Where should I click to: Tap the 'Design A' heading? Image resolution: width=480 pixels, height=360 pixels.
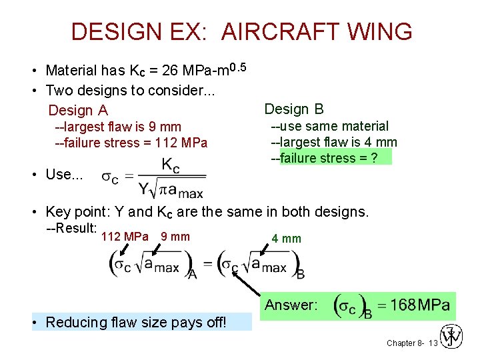click(x=78, y=110)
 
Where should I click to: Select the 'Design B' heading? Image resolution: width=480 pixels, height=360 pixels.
click(x=294, y=109)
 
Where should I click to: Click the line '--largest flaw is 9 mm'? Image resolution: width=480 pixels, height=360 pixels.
click(x=118, y=127)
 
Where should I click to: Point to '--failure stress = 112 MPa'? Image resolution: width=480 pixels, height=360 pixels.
click(x=131, y=143)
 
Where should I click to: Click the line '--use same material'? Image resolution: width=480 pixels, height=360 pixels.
click(x=329, y=126)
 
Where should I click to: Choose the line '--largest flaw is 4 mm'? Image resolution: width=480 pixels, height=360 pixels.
click(x=333, y=142)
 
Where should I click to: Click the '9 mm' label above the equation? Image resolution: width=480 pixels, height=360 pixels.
click(x=175, y=237)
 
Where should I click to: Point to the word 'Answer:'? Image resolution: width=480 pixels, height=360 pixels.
click(x=291, y=306)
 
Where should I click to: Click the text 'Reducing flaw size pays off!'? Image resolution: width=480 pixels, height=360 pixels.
click(x=136, y=323)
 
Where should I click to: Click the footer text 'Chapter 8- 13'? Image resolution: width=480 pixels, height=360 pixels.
click(x=411, y=343)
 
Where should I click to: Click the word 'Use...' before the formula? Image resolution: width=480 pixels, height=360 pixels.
click(x=63, y=175)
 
